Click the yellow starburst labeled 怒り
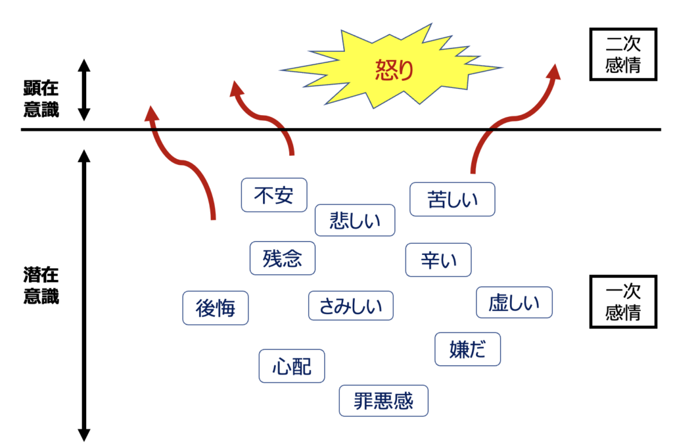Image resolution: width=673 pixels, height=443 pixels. point(392,68)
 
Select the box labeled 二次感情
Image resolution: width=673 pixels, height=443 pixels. point(622,55)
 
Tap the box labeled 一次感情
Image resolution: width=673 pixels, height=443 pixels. point(622,301)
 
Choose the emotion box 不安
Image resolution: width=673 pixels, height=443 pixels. point(274,195)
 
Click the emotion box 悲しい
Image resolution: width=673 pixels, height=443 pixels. point(355,220)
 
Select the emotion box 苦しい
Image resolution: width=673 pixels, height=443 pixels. point(452,199)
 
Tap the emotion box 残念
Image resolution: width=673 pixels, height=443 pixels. point(283,258)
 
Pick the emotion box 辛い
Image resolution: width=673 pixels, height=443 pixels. point(438,260)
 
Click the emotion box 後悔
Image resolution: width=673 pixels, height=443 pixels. point(216,308)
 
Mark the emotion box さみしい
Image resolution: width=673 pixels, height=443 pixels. point(350,306)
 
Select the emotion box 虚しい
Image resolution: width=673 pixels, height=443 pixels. point(514,303)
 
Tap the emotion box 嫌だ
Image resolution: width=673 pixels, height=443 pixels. point(467,349)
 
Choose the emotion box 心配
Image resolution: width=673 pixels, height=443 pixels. point(291,365)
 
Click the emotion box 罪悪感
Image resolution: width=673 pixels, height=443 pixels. point(384,401)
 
